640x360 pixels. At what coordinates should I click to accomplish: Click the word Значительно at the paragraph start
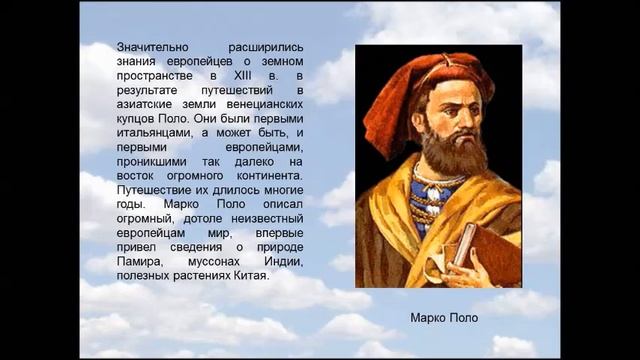[150, 47]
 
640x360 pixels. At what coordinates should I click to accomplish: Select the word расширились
[268, 47]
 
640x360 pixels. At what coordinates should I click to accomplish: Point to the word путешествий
[266, 89]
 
